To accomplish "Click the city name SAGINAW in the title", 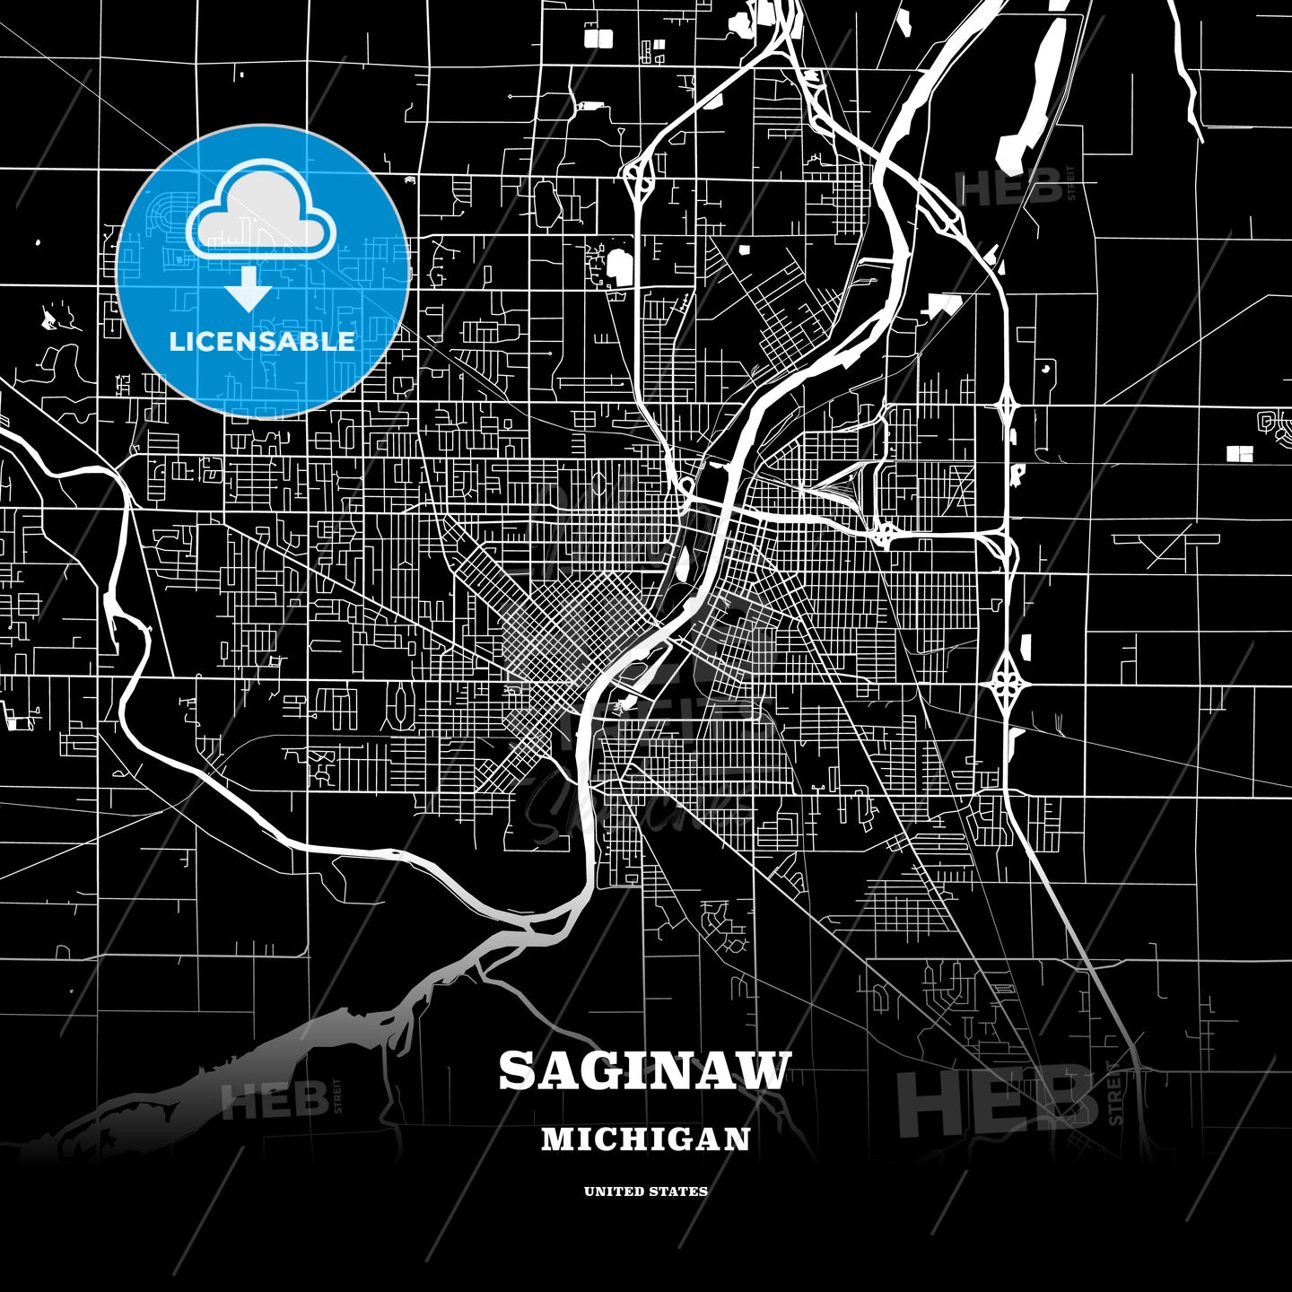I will pos(645,1070).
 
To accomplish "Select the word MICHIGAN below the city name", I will pos(645,1139).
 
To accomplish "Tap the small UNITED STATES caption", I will pos(645,1192).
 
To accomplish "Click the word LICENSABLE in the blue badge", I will pos(262,341).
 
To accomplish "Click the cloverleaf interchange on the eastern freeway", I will pos(1007,685).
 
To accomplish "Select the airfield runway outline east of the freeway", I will pos(1165,541).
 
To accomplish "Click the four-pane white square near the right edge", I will pos(1239,454).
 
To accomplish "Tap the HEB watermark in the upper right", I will pos(1009,187).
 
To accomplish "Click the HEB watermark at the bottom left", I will pos(274,1100).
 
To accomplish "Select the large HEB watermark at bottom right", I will pos(996,1102).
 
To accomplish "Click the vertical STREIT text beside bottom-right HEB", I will pos(1115,1093).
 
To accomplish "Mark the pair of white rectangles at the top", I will pos(598,38).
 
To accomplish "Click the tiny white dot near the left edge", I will pos(38,241).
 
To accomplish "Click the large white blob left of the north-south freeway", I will pos(619,267).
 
